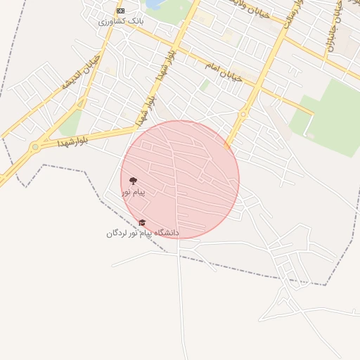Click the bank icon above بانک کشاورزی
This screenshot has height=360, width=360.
point(120,11)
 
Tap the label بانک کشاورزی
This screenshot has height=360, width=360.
point(120,22)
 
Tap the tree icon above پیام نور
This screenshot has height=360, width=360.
point(133,181)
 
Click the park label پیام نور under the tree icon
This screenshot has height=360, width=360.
point(133,191)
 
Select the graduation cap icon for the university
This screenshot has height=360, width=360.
point(142,223)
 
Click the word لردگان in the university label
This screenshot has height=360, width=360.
point(119,233)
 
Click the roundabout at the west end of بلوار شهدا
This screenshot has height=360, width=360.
point(34,147)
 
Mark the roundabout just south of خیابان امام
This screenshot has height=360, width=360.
point(243,114)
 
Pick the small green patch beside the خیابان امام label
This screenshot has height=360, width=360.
point(205,85)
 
